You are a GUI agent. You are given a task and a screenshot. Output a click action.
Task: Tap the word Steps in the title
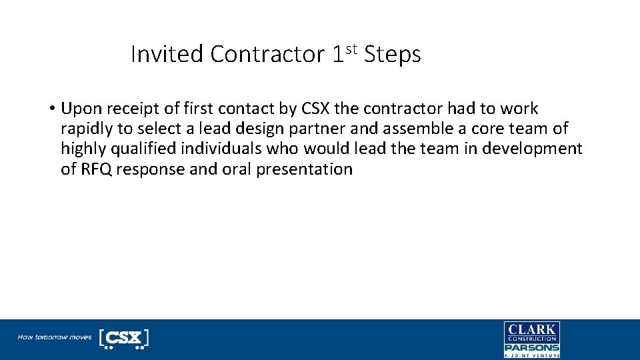pos(393,54)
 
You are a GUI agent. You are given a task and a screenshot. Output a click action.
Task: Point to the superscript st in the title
pos(353,48)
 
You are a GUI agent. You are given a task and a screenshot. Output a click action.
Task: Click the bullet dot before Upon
pos(51,109)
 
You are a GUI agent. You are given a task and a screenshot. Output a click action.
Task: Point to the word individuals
pos(229,149)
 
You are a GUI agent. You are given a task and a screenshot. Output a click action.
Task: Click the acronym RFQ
pos(95,169)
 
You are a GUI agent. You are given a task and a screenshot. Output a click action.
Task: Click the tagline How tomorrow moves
pos(54,337)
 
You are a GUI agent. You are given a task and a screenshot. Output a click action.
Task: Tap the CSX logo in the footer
pos(123,338)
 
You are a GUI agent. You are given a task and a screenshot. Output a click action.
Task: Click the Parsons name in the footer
pos(531,347)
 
